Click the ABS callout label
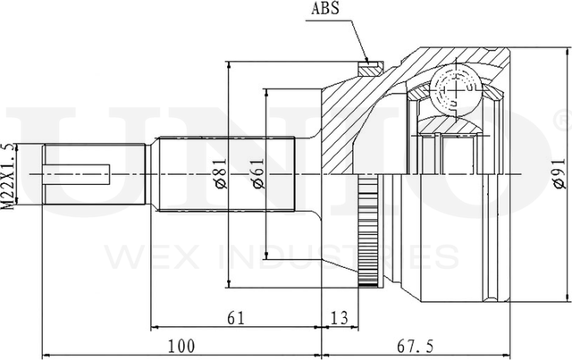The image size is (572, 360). click(324, 8)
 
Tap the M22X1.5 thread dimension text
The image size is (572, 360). click(10, 176)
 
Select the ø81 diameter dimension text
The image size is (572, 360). click(221, 173)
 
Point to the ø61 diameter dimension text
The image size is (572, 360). click(258, 173)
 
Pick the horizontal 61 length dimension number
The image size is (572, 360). click(236, 318)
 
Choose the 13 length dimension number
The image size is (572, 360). click(340, 318)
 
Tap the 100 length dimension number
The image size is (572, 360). click(181, 346)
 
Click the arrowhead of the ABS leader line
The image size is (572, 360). click(367, 61)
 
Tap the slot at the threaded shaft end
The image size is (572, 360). click(77, 174)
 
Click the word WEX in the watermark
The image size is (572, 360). click(151, 256)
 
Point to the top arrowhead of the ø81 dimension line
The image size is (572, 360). click(229, 66)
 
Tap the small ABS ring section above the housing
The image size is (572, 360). click(371, 69)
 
